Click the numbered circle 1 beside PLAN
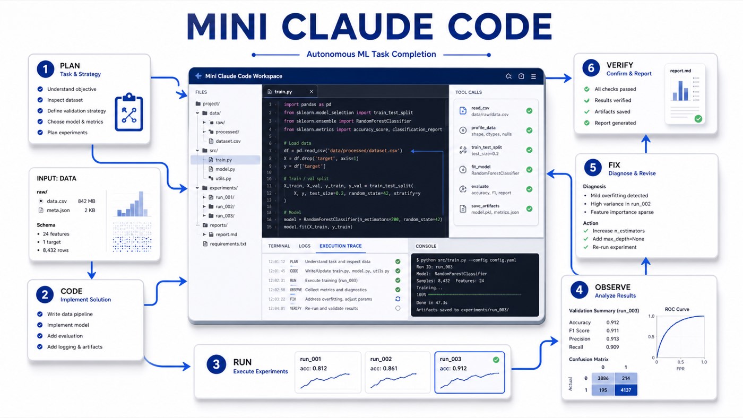click(x=46, y=69)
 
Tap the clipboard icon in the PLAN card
click(x=129, y=112)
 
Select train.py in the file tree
click(x=223, y=160)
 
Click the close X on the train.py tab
click(x=311, y=91)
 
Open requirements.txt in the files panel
click(x=228, y=243)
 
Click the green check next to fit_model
click(x=530, y=170)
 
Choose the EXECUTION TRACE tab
click(x=340, y=246)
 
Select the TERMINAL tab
click(x=279, y=246)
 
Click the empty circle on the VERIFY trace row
click(x=398, y=308)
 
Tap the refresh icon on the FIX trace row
click(x=398, y=299)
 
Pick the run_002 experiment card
click(x=398, y=372)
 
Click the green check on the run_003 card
click(x=496, y=360)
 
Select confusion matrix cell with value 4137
click(x=626, y=390)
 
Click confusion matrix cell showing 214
click(x=626, y=378)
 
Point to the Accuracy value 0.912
click(x=612, y=322)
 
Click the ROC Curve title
click(x=677, y=309)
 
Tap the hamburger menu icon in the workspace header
click(x=533, y=76)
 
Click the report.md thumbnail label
click(x=680, y=71)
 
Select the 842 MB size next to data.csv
click(x=86, y=201)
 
